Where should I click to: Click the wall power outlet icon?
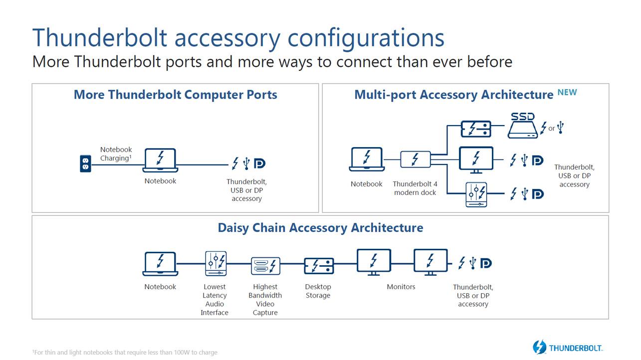click(x=85, y=164)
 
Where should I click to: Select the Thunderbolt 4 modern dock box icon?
click(x=415, y=160)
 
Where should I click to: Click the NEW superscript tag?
click(x=567, y=92)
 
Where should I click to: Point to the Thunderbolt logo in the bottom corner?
click(x=567, y=347)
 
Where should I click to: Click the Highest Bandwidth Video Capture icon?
click(x=265, y=266)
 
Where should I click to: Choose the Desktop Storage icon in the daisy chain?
click(x=319, y=266)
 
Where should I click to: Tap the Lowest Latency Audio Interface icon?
click(x=215, y=264)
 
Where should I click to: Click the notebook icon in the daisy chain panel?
click(x=160, y=264)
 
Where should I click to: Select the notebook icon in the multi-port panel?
click(x=366, y=160)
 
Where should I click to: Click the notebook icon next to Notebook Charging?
click(x=160, y=160)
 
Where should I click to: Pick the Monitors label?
click(x=401, y=287)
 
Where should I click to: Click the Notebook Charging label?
click(x=116, y=154)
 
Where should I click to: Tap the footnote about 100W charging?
click(x=125, y=353)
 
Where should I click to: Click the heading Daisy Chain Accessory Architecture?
click(x=320, y=228)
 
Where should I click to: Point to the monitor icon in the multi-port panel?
click(x=475, y=160)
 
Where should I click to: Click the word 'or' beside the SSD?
click(x=551, y=129)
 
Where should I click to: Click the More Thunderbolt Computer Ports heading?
click(x=175, y=95)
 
